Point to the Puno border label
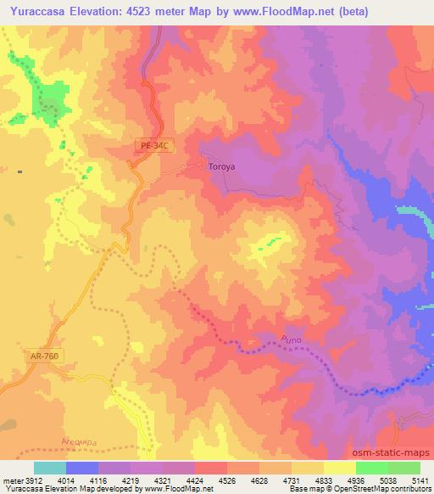[289, 341]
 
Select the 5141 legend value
[420, 480]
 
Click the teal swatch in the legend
[50, 468]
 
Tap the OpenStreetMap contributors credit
[381, 489]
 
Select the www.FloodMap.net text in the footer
[179, 489]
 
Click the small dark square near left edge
[19, 172]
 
